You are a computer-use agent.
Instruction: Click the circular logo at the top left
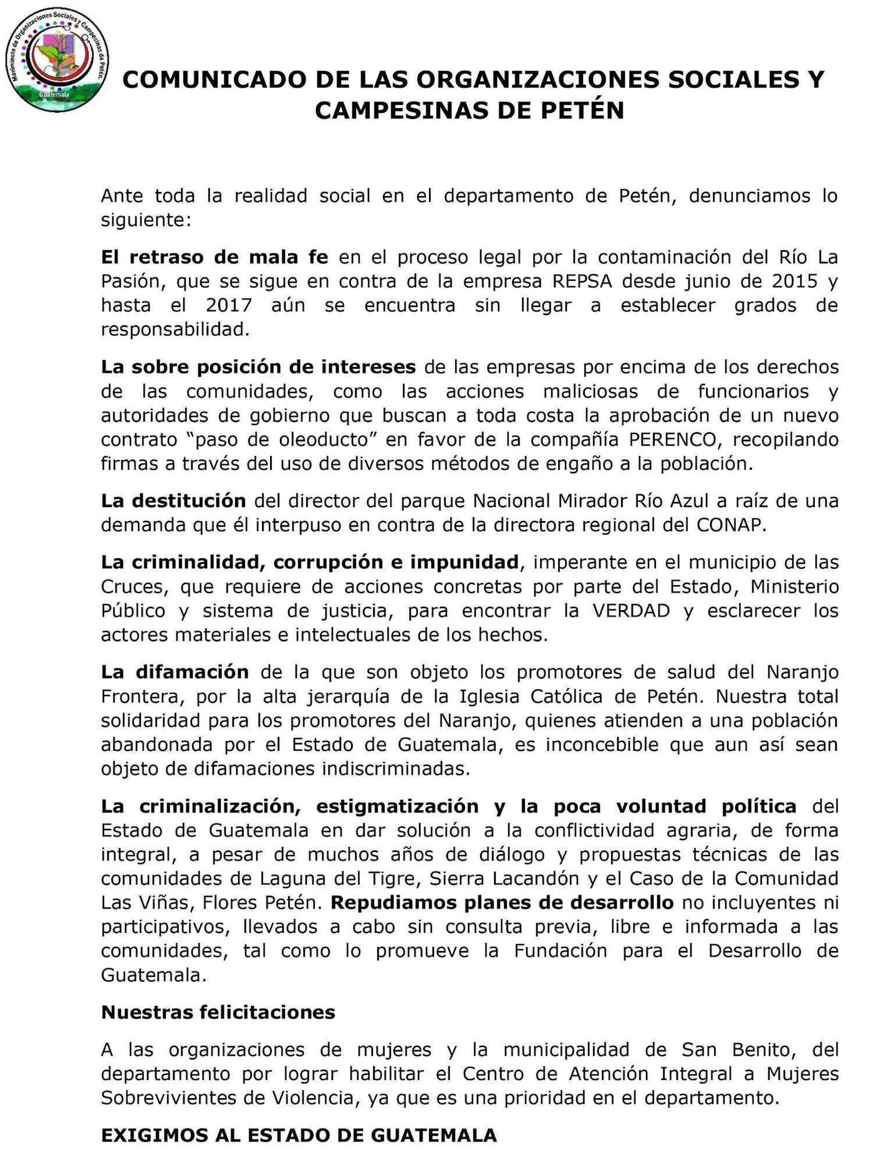point(57,60)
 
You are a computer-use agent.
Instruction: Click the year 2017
point(229,305)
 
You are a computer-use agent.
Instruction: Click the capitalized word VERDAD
point(630,610)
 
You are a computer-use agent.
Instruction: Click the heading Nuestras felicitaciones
point(218,1012)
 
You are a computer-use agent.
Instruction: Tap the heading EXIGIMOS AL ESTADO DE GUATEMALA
point(299,1135)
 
